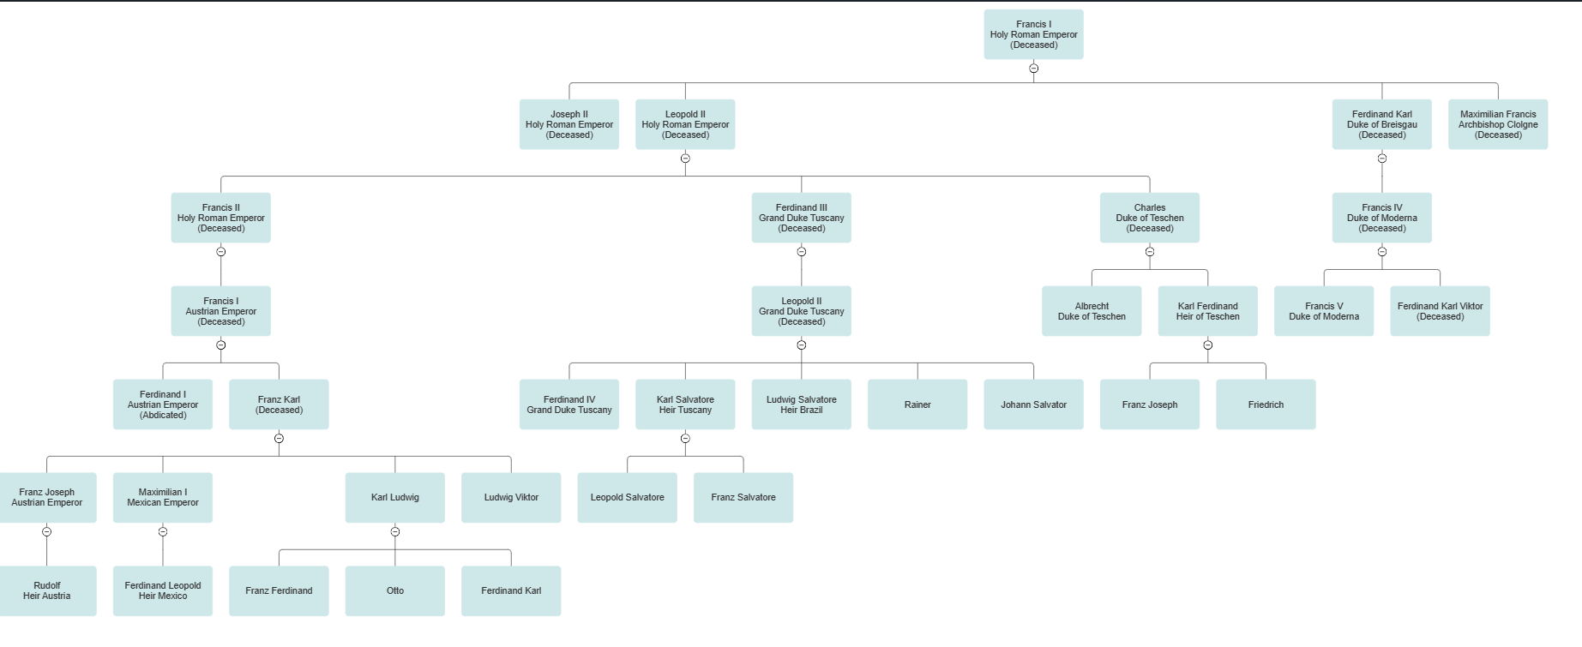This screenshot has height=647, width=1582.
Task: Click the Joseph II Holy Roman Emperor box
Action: [568, 124]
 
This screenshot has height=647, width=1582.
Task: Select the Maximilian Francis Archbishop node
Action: [1498, 124]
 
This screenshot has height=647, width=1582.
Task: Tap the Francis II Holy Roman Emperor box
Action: [220, 218]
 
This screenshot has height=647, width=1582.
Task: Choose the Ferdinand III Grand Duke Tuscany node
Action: [801, 218]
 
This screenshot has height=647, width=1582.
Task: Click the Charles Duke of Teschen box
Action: [1149, 218]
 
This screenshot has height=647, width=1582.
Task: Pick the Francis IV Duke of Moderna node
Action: [1381, 218]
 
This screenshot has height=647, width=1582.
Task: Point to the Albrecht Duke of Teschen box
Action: [1092, 311]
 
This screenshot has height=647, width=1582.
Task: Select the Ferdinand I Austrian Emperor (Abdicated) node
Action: [163, 404]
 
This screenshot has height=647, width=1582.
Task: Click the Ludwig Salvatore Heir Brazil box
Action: [801, 404]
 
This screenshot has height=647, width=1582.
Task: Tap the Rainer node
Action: [917, 404]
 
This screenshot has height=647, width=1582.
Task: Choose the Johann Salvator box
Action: [1033, 404]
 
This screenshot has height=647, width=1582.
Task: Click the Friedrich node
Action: [1266, 404]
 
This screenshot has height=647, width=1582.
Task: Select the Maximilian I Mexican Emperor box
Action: [163, 498]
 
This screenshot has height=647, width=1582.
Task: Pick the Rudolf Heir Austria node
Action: [47, 590]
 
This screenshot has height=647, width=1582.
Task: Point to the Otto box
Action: [394, 590]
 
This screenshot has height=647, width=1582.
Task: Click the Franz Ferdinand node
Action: [279, 590]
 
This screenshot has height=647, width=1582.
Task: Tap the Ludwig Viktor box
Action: [511, 498]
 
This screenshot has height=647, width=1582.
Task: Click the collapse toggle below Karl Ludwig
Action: [395, 532]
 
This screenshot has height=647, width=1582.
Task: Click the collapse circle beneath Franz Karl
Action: [279, 439]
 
